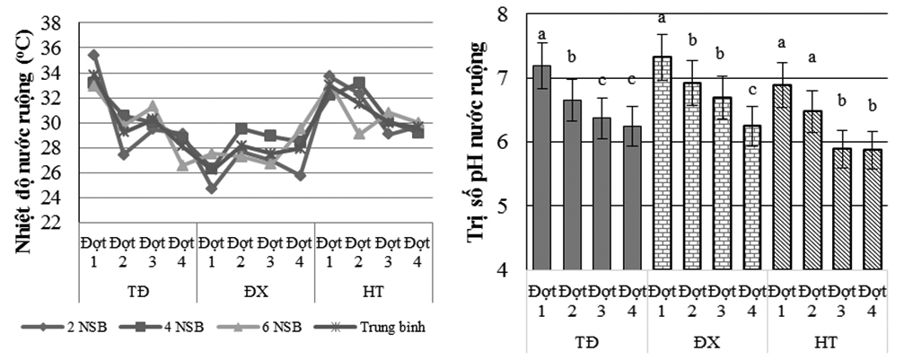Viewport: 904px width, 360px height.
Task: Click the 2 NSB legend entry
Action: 85,326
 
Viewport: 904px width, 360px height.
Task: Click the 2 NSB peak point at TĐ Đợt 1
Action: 93,56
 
